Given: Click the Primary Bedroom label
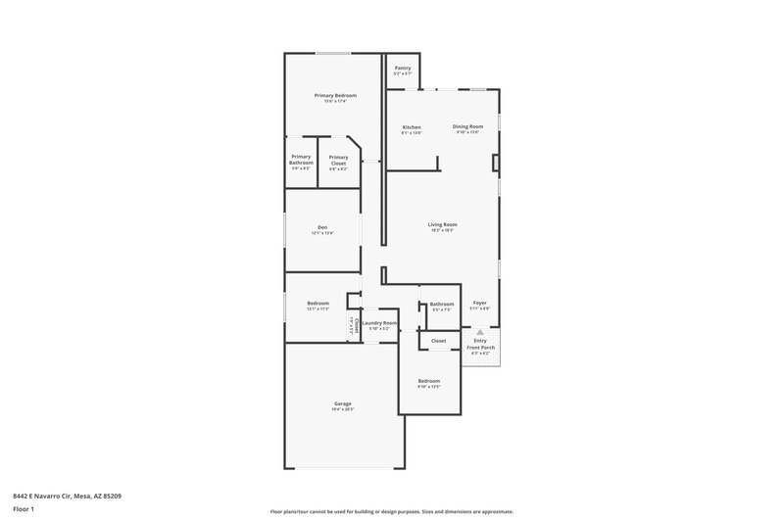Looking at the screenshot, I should tap(335, 95).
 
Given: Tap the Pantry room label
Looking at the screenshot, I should tap(402, 69).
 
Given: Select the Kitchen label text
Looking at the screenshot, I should tap(412, 127).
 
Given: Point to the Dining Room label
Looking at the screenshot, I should tap(467, 126).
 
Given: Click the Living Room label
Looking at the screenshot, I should tap(442, 224).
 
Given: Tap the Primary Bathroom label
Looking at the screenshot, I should tap(301, 160).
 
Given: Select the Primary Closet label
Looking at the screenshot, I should tap(338, 160).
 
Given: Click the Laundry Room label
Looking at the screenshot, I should tap(378, 322).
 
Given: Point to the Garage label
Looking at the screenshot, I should tap(342, 403).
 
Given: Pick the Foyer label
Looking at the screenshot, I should tap(479, 304).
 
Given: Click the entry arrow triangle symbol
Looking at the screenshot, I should tap(480, 333).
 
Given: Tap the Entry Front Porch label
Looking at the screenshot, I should tap(480, 345).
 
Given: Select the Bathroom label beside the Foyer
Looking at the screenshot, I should tap(441, 304).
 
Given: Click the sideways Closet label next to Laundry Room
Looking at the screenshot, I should tap(350, 325).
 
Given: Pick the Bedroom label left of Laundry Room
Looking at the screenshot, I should tap(318, 304).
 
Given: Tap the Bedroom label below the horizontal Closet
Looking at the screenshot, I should tap(429, 380).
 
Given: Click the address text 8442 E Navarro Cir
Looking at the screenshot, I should tap(67, 496).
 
